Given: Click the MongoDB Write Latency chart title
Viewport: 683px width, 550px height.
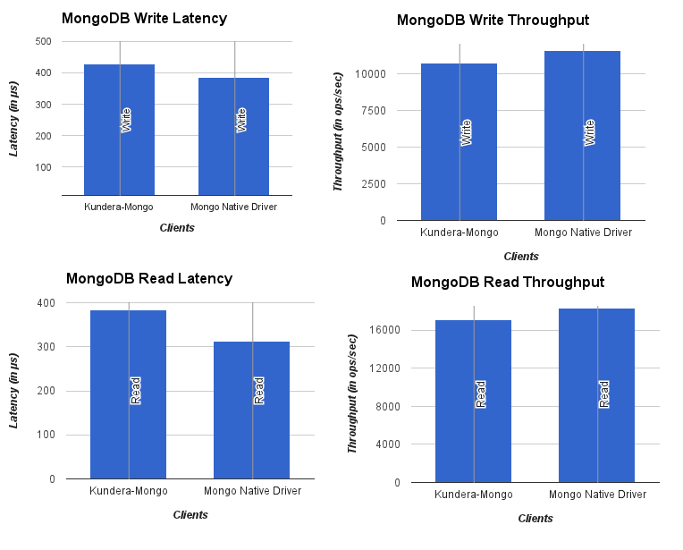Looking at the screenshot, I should tap(143, 19).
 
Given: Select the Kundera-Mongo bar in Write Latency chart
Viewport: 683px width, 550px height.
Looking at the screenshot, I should tap(119, 129).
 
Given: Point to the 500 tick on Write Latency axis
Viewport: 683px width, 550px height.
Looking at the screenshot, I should tap(43, 41).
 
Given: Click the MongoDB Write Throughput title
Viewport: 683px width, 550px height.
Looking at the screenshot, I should tap(493, 21).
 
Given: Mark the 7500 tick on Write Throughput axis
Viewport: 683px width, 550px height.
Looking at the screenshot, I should tap(373, 111).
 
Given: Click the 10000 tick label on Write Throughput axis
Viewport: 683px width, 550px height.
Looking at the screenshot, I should tap(370, 74).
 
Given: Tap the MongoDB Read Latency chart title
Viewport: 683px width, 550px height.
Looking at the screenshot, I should tap(148, 279).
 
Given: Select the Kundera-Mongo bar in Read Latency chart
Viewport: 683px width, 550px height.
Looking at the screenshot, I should tap(128, 394).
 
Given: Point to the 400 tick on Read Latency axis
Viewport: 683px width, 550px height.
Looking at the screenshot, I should tap(46, 303).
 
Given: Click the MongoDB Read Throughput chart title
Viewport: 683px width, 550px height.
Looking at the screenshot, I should tap(507, 283).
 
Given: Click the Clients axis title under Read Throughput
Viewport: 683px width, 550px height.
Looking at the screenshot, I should tap(535, 519).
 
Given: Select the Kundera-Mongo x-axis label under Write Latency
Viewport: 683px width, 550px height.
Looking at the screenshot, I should tap(119, 207).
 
